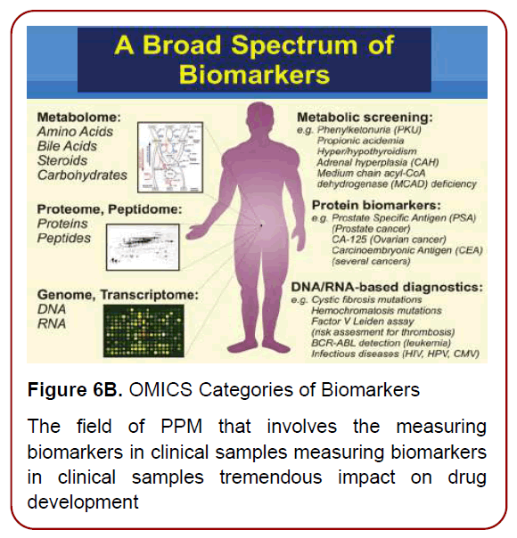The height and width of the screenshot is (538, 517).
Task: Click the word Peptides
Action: click(x=64, y=240)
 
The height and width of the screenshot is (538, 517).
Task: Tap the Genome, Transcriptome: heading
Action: click(x=117, y=293)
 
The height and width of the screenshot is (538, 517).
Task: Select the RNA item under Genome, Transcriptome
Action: click(x=52, y=322)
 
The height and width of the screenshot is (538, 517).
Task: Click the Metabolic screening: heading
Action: click(x=375, y=117)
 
